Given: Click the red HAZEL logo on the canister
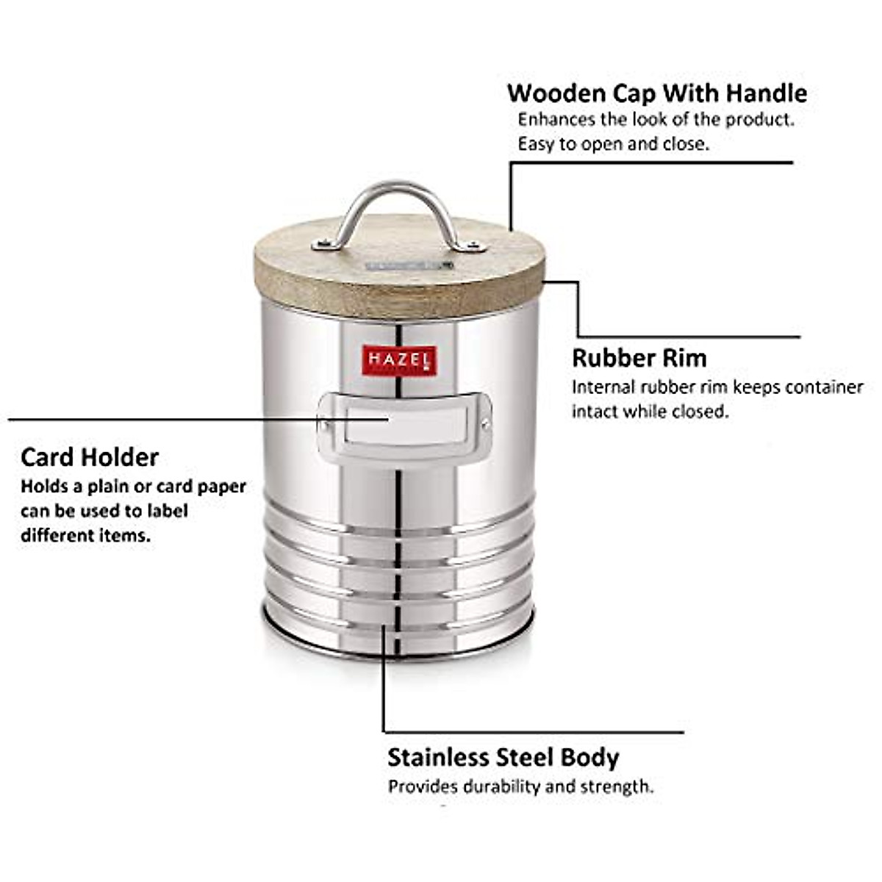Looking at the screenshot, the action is click(400, 359).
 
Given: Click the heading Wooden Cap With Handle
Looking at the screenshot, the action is click(656, 93).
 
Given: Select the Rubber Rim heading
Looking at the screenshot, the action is click(639, 358).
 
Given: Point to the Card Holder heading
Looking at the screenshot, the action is click(89, 457).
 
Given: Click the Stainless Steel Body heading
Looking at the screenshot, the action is click(503, 757).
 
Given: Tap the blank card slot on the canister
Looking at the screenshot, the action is click(406, 425).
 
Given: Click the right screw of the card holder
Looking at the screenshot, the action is click(485, 423).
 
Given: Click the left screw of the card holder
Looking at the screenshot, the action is click(323, 423).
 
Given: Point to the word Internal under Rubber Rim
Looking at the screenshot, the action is click(603, 387).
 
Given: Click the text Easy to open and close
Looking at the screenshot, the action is click(613, 144).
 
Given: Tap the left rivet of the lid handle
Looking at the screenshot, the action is click(321, 245).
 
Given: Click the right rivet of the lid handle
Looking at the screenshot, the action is click(471, 246).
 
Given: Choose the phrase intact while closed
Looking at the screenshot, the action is click(650, 412).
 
